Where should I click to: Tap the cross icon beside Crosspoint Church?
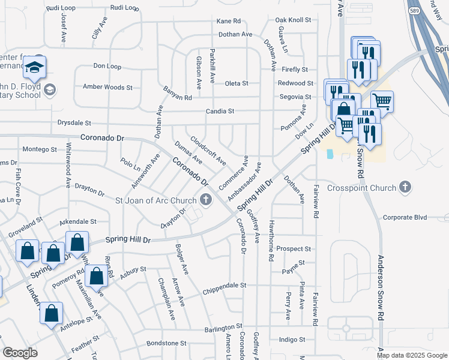[406, 187]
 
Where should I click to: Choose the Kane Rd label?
[228, 21]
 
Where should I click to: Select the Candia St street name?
[220, 112]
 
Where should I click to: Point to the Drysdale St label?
[74, 122]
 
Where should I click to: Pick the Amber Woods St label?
[107, 88]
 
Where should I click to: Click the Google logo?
[20, 353]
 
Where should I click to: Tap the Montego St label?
[39, 149]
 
